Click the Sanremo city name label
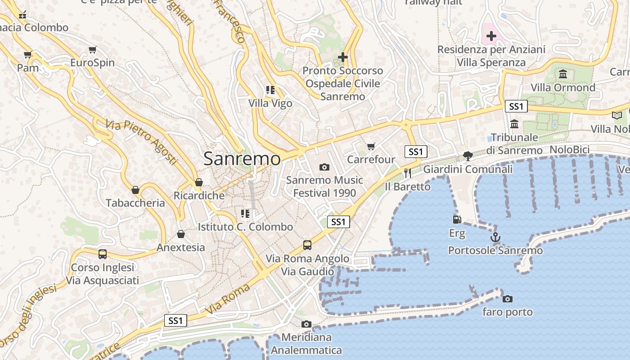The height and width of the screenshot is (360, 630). [x=242, y=158]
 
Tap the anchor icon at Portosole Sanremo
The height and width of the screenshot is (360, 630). [x=495, y=237]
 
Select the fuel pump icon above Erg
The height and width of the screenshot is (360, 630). [x=457, y=220]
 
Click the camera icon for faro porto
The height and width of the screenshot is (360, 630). [x=507, y=299]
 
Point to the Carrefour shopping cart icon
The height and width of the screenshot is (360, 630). [x=371, y=146]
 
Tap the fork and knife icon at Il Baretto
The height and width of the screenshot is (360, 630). [x=408, y=173]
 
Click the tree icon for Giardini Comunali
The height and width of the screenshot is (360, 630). [x=468, y=156]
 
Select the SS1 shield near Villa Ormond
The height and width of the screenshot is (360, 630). [x=516, y=106]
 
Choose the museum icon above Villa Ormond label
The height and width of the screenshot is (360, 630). [x=563, y=74]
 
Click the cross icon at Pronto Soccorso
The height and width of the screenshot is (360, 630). [x=343, y=57]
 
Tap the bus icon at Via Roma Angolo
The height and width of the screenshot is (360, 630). [x=307, y=245]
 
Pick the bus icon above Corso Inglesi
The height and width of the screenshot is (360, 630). [x=103, y=254]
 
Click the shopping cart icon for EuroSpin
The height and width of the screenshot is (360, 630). [x=92, y=49]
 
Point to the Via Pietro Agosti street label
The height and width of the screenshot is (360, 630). [x=141, y=142]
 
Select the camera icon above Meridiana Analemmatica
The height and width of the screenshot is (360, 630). [x=306, y=324]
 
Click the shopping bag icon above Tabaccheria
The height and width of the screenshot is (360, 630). [x=135, y=190]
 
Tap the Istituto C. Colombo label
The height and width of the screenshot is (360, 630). [x=245, y=227]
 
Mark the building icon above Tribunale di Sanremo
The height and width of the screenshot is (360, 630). [x=514, y=124]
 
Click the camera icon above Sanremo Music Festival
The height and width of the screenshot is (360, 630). [x=324, y=167]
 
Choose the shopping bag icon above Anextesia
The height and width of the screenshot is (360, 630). [x=180, y=234]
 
